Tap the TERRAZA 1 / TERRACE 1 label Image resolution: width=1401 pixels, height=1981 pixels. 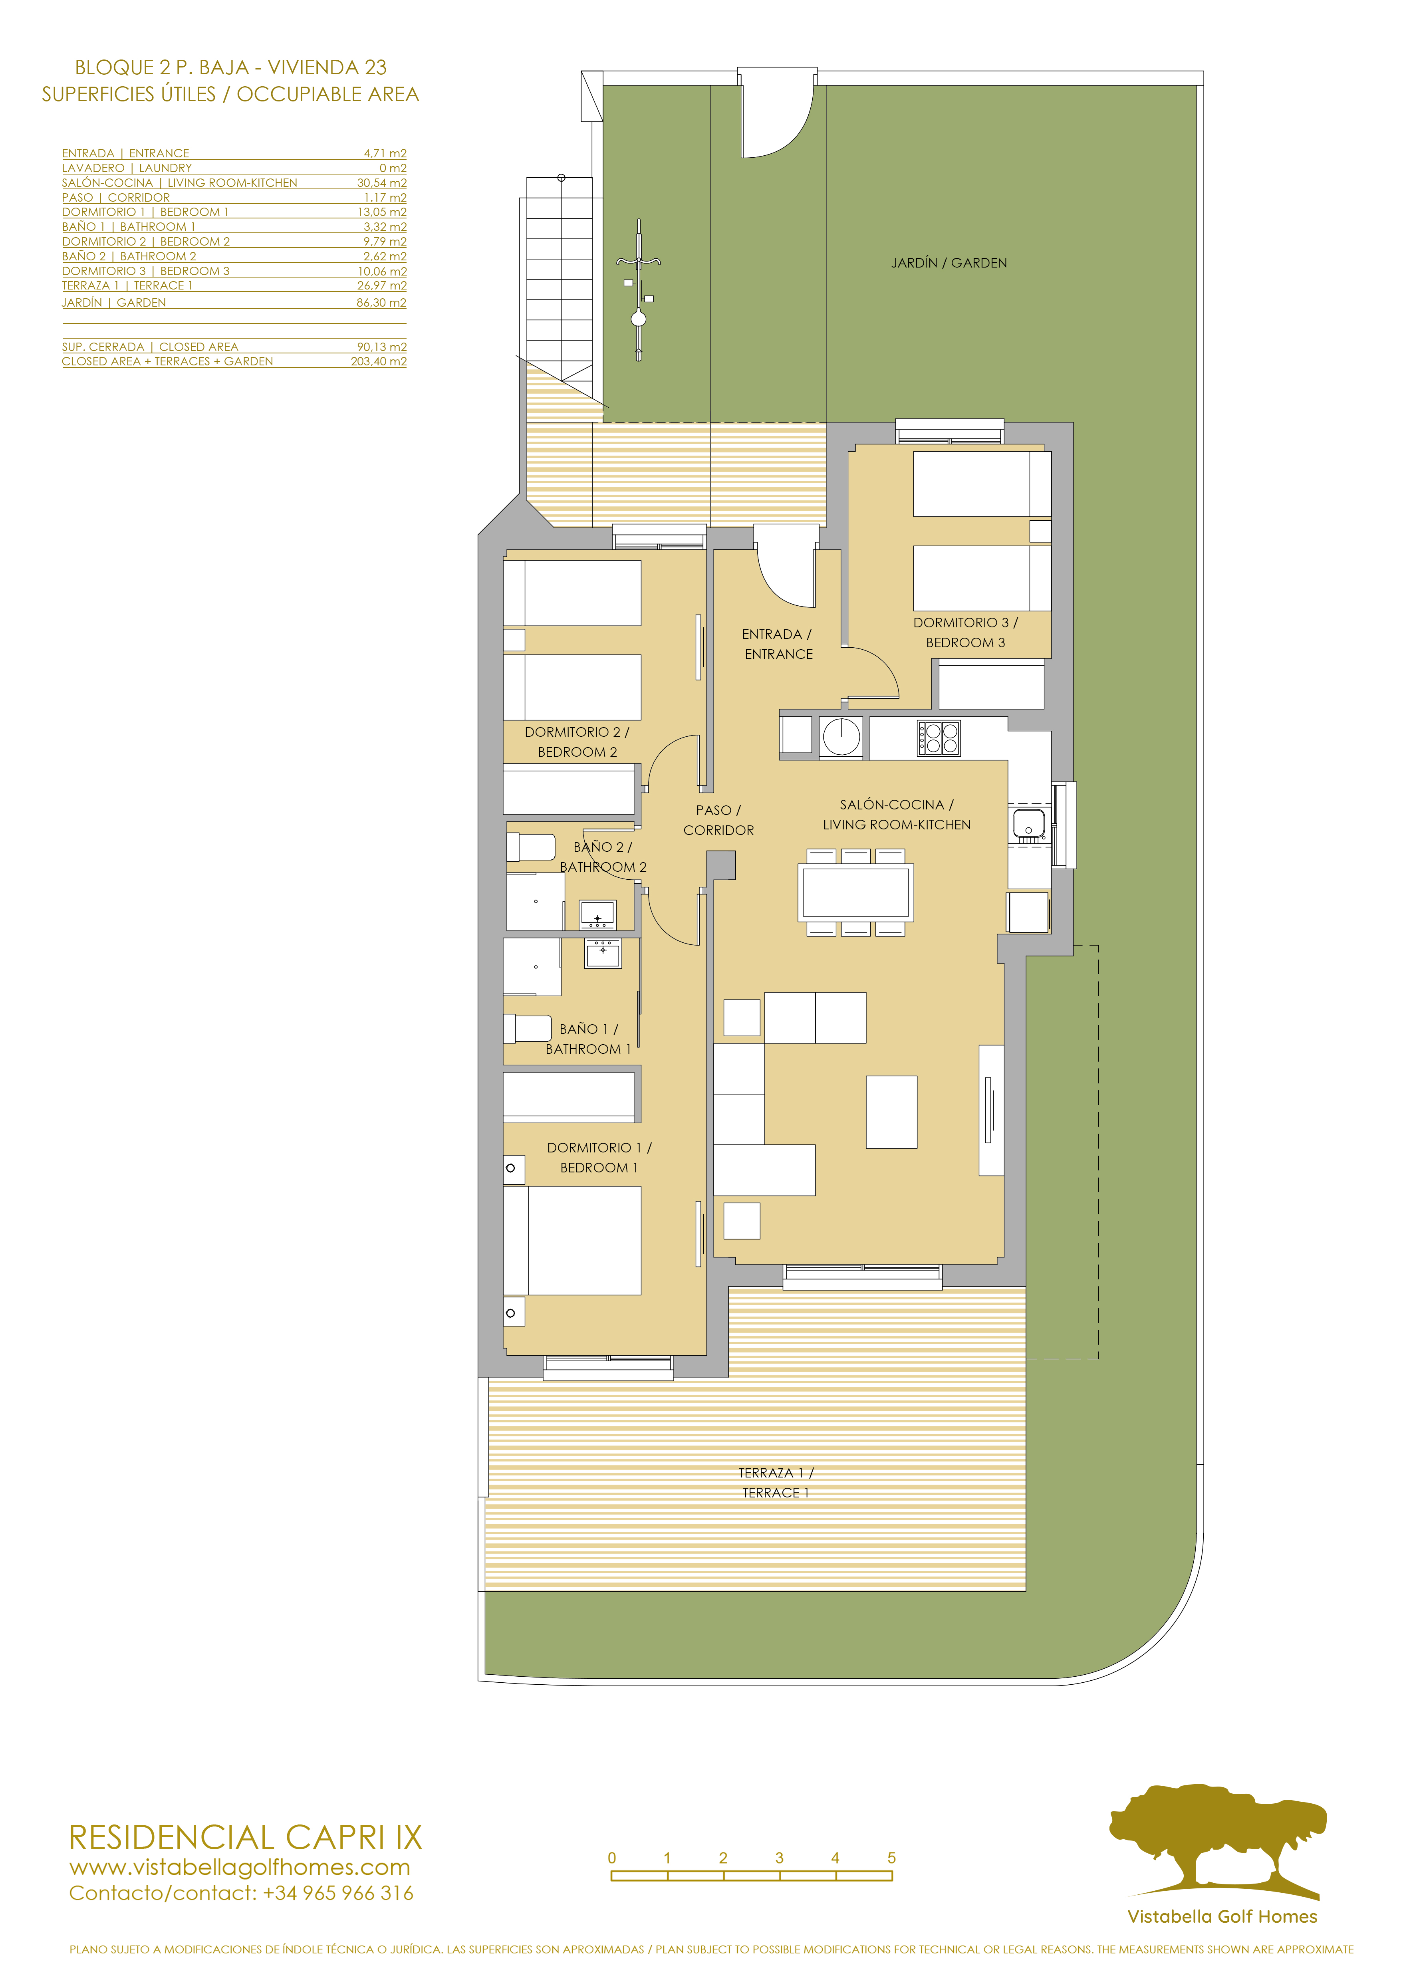click(776, 1482)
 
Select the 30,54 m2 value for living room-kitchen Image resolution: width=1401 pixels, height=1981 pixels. click(381, 183)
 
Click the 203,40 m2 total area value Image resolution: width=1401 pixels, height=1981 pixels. click(378, 361)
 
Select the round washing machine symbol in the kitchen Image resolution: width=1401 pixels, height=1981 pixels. click(841, 737)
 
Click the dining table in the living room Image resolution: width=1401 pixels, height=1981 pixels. click(855, 892)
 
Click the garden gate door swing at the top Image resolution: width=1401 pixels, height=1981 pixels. click(776, 121)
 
